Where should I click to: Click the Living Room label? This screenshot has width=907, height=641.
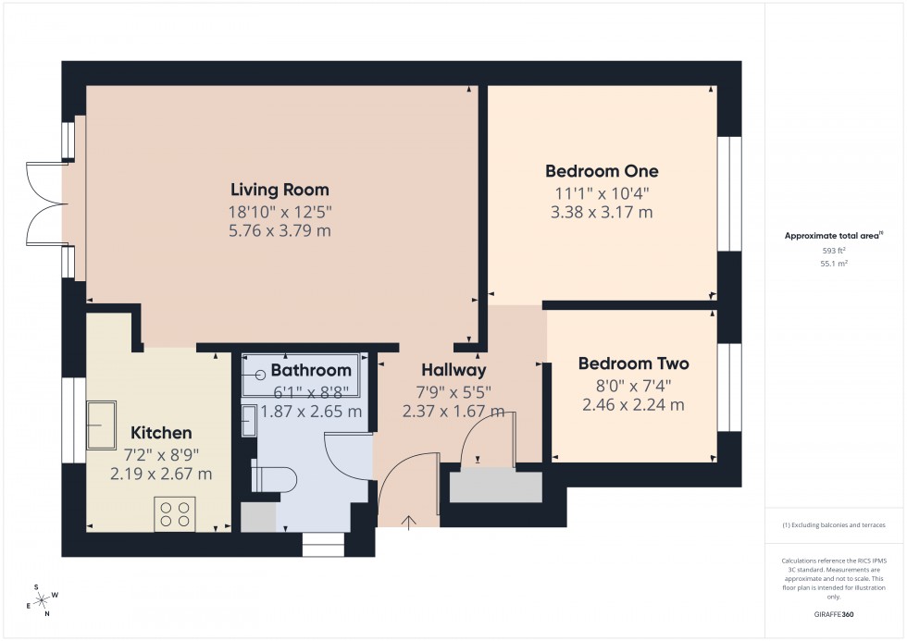coord(280,191)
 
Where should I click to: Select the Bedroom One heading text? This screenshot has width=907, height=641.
coord(602,171)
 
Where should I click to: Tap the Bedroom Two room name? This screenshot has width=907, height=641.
coord(633,364)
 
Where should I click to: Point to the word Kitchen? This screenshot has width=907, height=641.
coord(161,433)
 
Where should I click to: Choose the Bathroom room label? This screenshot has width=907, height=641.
coord(311,371)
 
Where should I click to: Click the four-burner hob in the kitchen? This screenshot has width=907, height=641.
coord(174,513)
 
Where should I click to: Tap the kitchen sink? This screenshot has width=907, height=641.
coord(101,424)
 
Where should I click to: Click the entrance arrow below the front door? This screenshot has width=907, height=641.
coord(409,523)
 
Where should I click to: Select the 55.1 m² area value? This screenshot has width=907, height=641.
coord(835,263)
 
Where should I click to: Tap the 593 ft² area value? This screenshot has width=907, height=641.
coord(835,251)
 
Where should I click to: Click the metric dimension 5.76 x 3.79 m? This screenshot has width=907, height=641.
coord(280,230)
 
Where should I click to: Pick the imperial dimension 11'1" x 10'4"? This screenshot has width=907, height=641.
coord(602,194)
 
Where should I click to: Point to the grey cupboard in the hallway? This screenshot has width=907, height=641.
coord(495,486)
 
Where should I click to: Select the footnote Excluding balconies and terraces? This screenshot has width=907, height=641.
coord(835,525)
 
